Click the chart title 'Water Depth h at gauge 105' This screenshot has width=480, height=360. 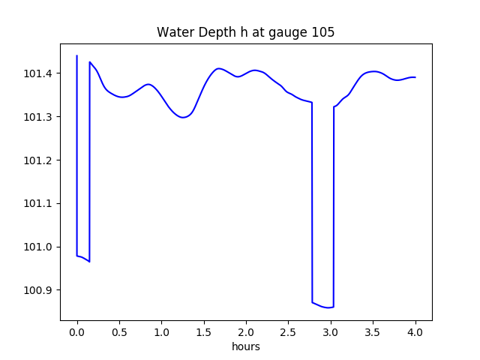click(245, 32)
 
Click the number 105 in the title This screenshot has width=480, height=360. click(323, 32)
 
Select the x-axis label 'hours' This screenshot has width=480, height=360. click(246, 347)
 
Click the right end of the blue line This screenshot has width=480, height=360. click(415, 77)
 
